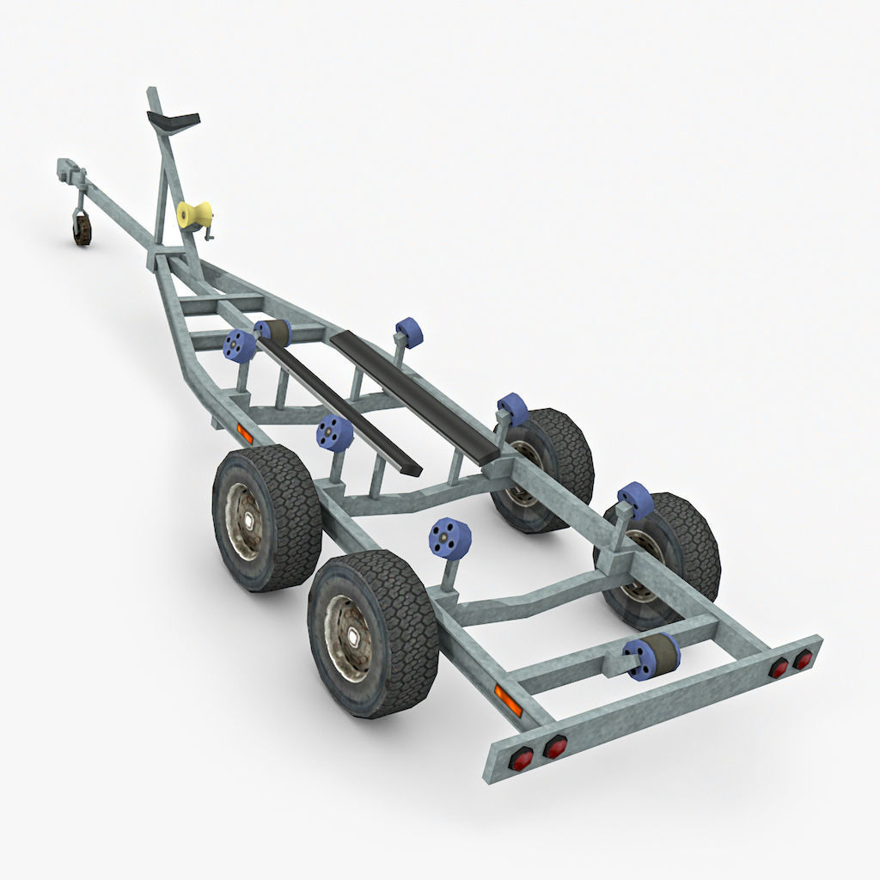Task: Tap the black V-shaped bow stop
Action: [x=174, y=119]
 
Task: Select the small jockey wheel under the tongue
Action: [x=82, y=229]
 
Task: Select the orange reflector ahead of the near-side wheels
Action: [x=245, y=434]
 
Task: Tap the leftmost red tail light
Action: [x=521, y=758]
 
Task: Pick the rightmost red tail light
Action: [x=803, y=659]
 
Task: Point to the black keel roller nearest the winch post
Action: [x=274, y=331]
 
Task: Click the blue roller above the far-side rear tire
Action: [x=635, y=499]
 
